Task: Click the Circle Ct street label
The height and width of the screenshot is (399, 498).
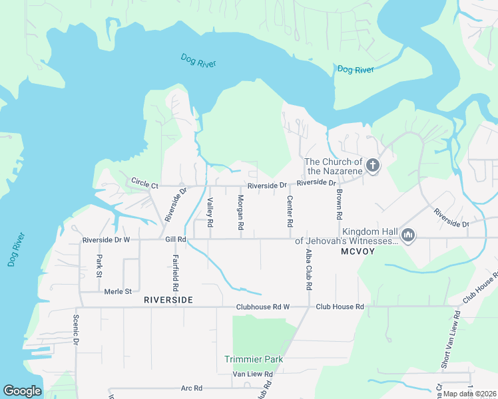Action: (144, 182)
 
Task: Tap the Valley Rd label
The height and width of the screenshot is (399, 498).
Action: (210, 213)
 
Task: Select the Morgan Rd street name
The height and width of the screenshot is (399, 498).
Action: (240, 213)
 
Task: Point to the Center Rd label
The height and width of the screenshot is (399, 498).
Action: (290, 209)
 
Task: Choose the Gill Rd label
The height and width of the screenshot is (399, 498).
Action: (175, 239)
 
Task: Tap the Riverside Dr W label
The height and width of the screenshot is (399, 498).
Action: (106, 239)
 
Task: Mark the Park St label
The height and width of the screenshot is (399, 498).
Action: (99, 265)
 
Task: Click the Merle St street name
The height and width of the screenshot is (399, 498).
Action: (119, 291)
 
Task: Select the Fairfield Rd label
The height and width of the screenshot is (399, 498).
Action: (176, 275)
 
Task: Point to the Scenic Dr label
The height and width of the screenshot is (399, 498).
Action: (77, 329)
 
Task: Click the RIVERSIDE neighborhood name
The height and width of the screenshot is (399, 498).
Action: (168, 301)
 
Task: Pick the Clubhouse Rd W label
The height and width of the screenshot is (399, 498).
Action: (263, 307)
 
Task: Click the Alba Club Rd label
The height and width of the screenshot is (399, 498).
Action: (308, 270)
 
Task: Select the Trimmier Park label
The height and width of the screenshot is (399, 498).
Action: (254, 360)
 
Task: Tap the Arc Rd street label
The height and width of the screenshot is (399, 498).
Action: (191, 388)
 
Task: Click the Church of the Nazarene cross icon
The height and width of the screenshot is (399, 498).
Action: (373, 166)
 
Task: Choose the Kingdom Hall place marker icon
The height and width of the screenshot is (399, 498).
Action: (408, 235)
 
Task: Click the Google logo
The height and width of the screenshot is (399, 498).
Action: (22, 391)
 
